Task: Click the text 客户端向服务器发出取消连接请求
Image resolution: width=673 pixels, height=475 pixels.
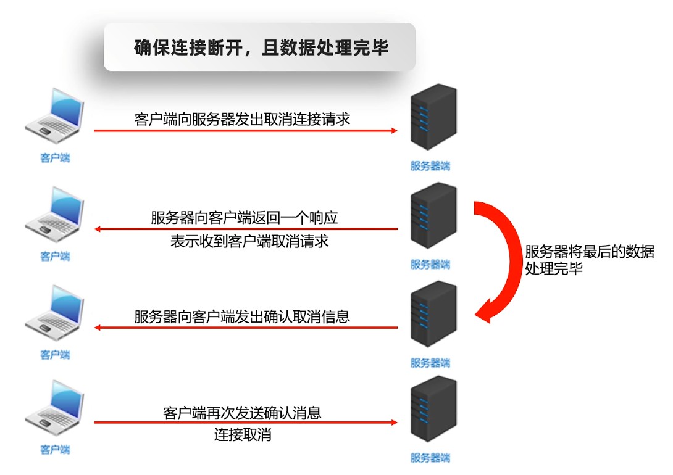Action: [x=242, y=118]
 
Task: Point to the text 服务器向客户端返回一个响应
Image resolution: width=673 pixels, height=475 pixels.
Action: [x=245, y=218]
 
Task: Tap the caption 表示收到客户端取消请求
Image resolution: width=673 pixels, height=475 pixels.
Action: [x=249, y=241]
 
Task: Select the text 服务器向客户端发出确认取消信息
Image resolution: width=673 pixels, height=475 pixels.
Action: [x=242, y=316]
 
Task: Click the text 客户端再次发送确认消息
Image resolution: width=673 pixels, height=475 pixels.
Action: [x=243, y=412]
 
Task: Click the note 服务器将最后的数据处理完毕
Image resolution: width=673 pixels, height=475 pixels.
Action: [x=588, y=260]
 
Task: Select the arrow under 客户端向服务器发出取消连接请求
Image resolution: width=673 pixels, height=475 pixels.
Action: [x=245, y=131]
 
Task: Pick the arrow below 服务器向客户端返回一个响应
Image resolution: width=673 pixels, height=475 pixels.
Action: [x=245, y=229]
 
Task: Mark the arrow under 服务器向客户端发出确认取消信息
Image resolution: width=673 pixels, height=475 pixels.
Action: [x=245, y=328]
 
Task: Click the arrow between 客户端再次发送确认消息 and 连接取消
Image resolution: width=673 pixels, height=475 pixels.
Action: [x=245, y=423]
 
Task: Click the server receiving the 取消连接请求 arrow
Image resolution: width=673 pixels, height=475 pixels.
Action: [x=433, y=117]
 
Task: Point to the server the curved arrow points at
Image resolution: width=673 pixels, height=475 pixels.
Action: [x=433, y=314]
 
